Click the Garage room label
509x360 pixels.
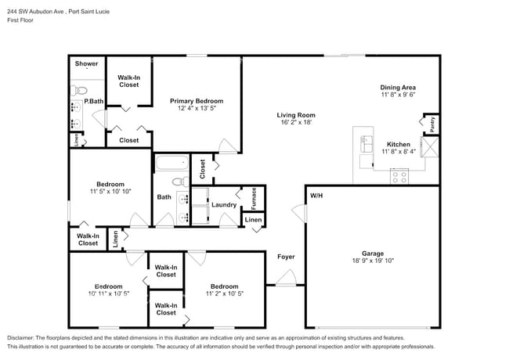[x=372, y=254]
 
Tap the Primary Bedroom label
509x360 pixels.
[x=197, y=101]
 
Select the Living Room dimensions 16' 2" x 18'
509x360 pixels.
[x=296, y=123]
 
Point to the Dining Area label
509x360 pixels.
[x=397, y=87]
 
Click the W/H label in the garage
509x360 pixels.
[x=316, y=195]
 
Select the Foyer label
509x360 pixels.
[x=285, y=256]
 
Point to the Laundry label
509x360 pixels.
[x=224, y=205]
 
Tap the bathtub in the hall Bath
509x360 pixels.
[x=171, y=164]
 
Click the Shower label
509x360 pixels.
[x=86, y=63]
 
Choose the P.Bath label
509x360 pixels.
[x=94, y=101]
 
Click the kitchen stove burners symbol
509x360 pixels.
[x=399, y=177]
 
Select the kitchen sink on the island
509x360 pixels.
[x=366, y=144]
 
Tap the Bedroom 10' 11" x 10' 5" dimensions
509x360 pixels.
[x=109, y=293]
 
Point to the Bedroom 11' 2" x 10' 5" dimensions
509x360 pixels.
[x=224, y=293]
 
